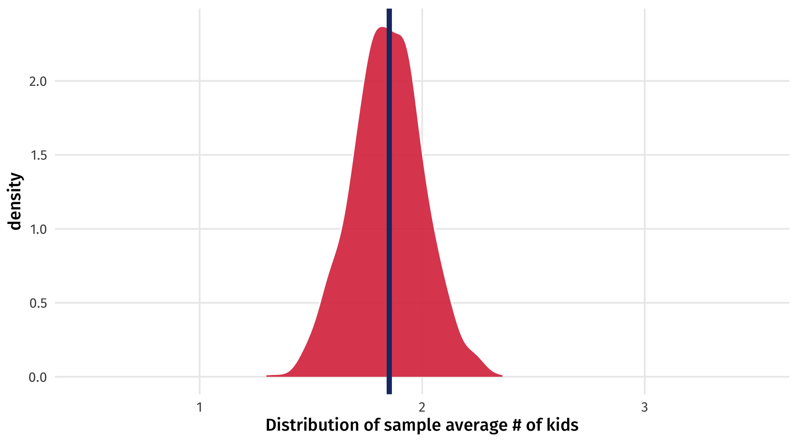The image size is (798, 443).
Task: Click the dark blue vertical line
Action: [x=389, y=201]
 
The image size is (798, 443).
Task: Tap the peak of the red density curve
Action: [x=382, y=28]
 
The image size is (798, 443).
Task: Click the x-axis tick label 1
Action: [x=200, y=408]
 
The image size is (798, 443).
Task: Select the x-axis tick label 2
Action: [x=422, y=408]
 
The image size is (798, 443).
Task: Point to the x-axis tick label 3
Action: [x=645, y=408]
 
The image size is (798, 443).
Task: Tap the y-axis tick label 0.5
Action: [x=38, y=303]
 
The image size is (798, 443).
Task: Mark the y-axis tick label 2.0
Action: [x=38, y=82]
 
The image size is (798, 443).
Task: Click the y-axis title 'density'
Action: [x=14, y=202]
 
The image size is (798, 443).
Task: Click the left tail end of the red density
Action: [x=267, y=376]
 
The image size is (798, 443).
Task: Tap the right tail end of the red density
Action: [x=502, y=376]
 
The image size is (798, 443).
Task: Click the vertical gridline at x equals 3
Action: [x=645, y=201]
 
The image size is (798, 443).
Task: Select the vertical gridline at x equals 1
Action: [x=200, y=201]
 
